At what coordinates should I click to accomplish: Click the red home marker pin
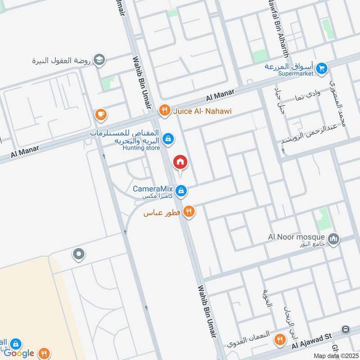180,162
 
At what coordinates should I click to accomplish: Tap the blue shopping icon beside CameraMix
180,191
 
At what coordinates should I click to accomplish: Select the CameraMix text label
153,189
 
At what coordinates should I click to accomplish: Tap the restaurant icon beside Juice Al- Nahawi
165,110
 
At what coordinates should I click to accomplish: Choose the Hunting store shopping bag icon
167,139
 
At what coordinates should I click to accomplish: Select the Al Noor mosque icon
333,238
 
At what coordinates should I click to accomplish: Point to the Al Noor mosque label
296,237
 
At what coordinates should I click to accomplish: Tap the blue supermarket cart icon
321,68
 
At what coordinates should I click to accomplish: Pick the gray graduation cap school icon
100,60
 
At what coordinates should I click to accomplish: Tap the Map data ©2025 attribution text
336,356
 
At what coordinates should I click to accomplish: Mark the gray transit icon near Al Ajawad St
346,329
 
